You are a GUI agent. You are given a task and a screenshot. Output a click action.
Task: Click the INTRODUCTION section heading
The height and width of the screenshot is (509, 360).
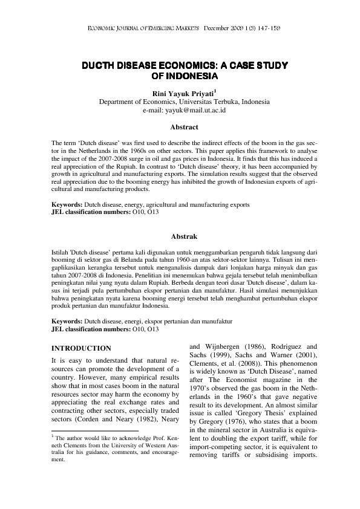(x=81, y=348)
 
